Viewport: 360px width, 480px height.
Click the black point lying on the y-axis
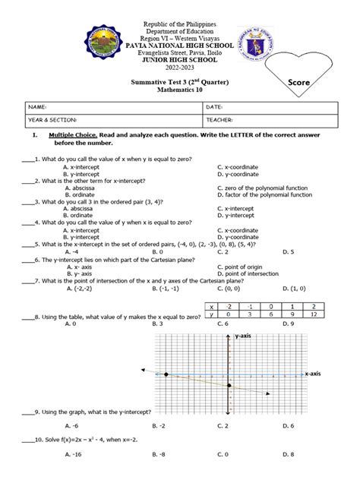click(x=229, y=385)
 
